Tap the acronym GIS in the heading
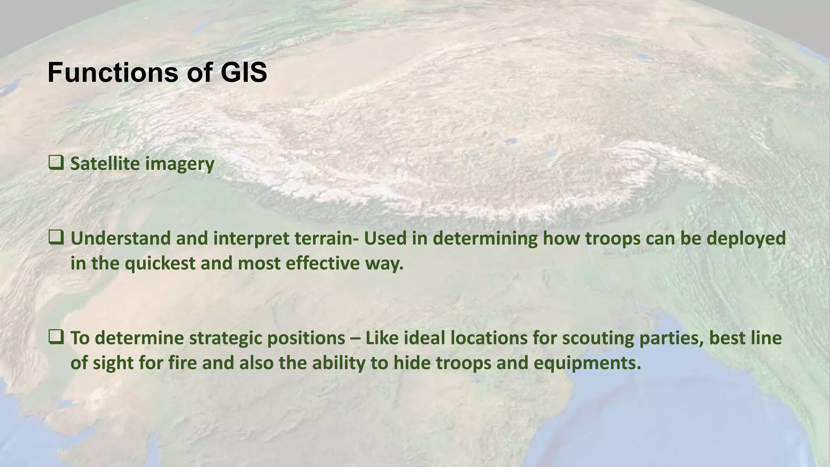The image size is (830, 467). pyautogui.click(x=244, y=73)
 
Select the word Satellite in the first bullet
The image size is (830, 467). pyautogui.click(x=105, y=164)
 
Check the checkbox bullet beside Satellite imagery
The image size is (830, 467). pyautogui.click(x=56, y=163)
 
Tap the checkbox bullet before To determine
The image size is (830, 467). pyautogui.click(x=56, y=337)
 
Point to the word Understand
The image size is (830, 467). pyautogui.click(x=120, y=238)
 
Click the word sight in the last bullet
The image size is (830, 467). pyautogui.click(x=113, y=363)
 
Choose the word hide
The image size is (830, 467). pyautogui.click(x=413, y=363)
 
